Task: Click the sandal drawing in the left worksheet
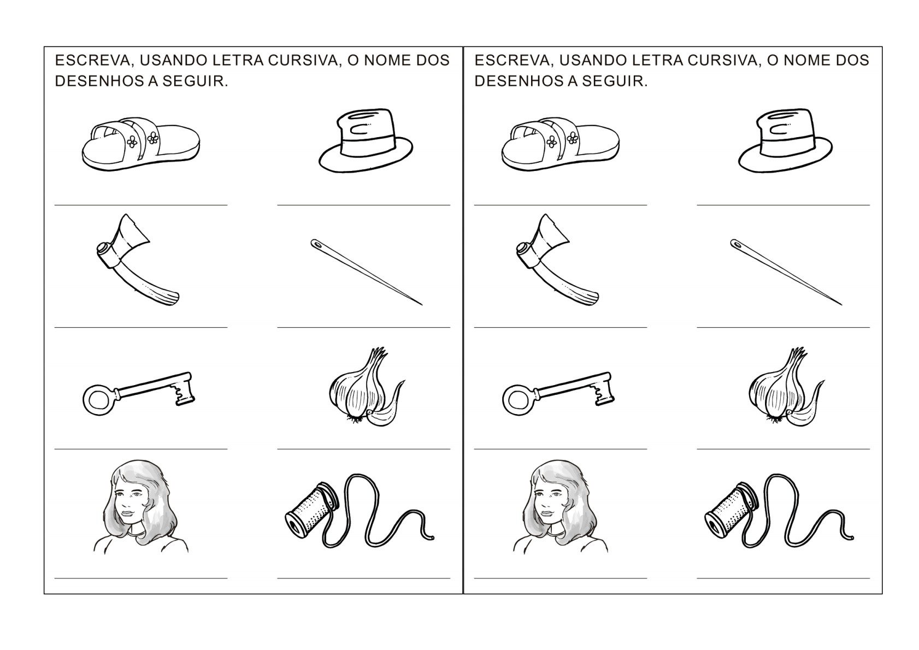(141, 144)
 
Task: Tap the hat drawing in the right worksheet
(785, 141)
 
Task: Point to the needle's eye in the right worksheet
(737, 245)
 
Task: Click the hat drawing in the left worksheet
(366, 141)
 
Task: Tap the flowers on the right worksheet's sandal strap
(562, 140)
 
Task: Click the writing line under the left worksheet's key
(141, 449)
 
